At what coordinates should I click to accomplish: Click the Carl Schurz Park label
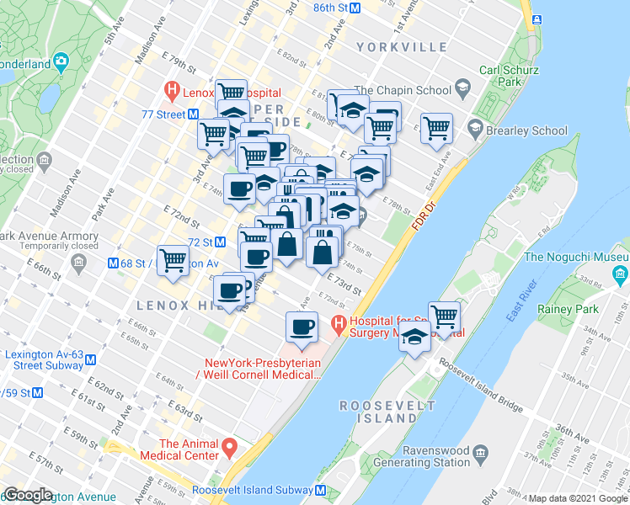pos(507,77)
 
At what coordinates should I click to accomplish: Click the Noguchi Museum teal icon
pos(621,274)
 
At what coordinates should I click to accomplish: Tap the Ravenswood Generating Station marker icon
pos(480,455)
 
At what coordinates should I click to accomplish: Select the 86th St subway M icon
pos(355,8)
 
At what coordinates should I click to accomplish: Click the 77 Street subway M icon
pos(194,114)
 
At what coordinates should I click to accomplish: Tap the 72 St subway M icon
pos(221,242)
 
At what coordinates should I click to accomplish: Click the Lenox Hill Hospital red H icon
pos(173,88)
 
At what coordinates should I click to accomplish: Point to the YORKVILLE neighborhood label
pos(399,46)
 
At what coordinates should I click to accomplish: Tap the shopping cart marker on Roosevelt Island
pos(444,317)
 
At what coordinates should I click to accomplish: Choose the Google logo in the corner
pos(28,495)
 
